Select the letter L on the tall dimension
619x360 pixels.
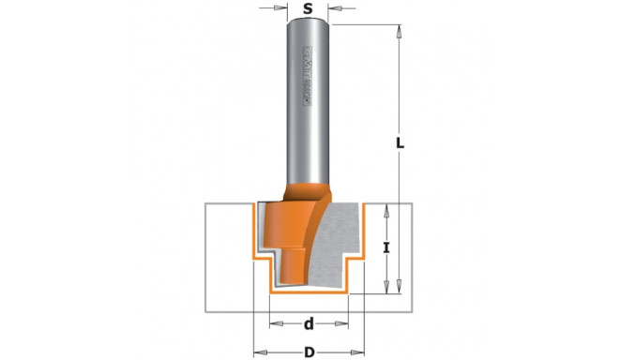(x=400, y=143)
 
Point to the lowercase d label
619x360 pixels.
(x=309, y=324)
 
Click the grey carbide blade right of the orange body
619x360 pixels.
(x=338, y=244)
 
